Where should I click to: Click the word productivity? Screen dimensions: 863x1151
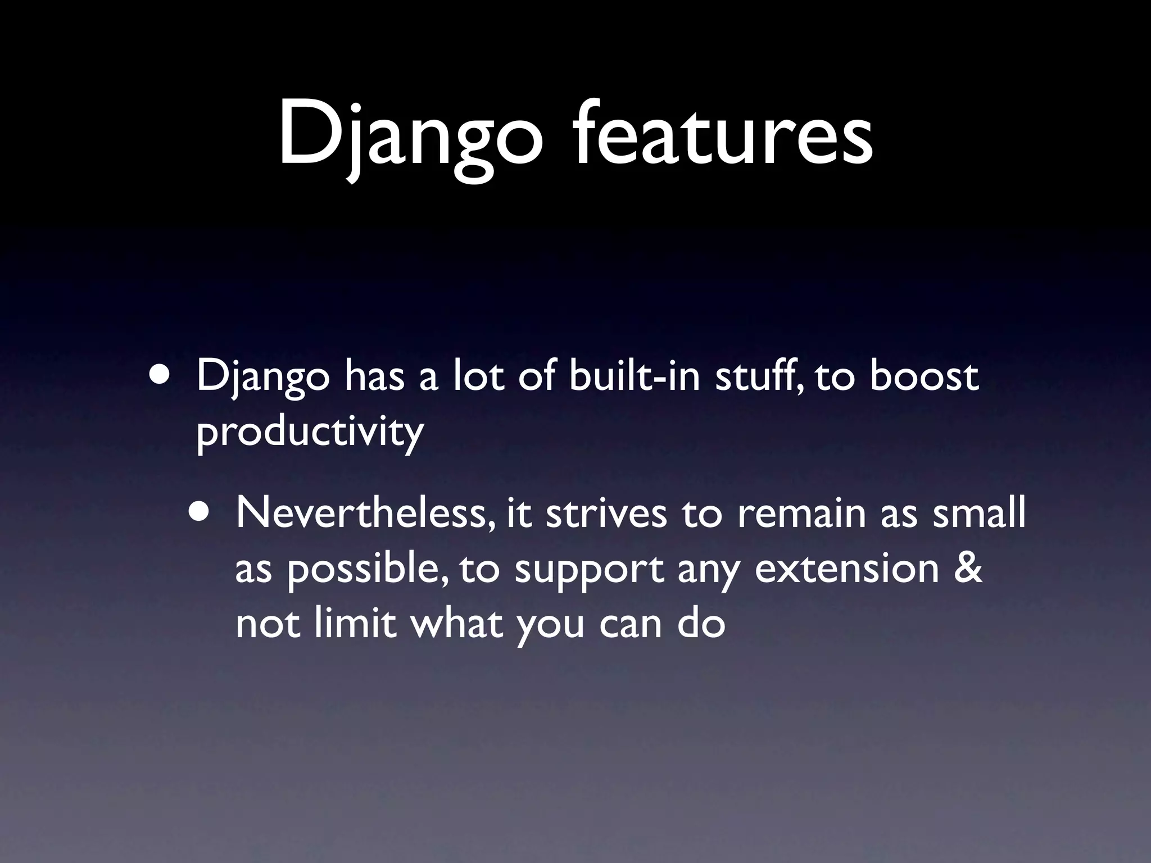point(310,433)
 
